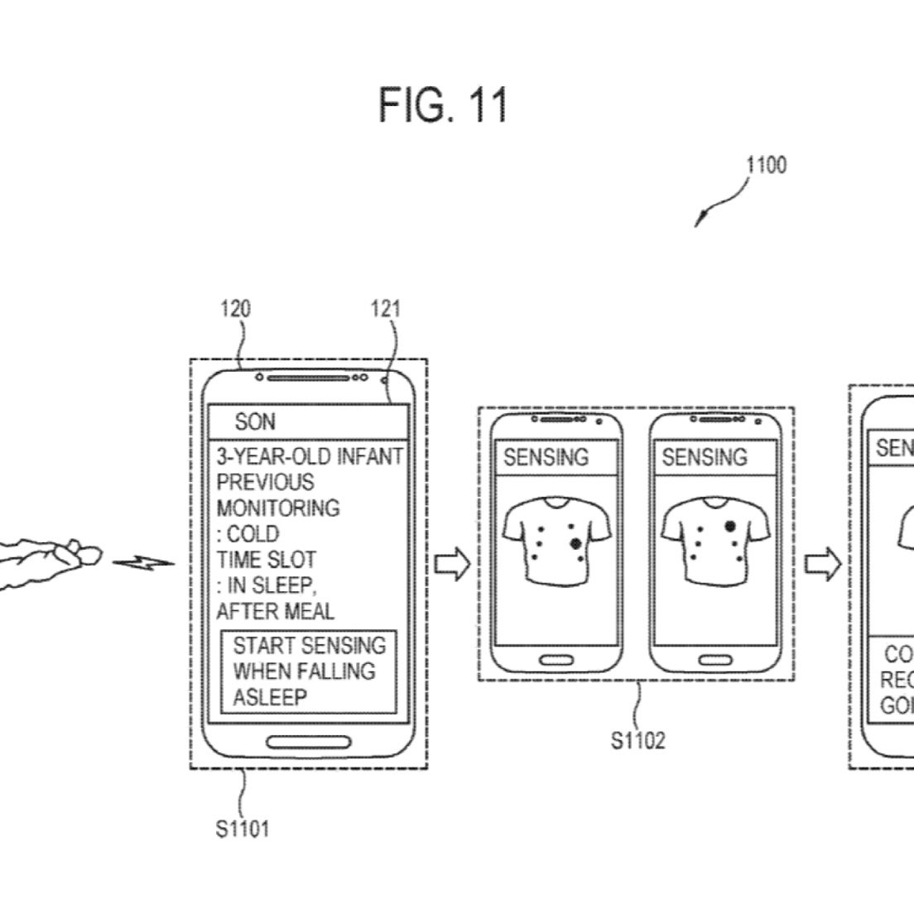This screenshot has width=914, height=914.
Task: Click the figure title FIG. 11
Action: pyautogui.click(x=443, y=105)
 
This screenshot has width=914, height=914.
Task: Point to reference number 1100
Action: pyautogui.click(x=766, y=165)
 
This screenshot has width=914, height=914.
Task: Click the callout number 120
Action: pyautogui.click(x=235, y=309)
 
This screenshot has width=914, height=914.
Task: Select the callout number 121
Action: pyautogui.click(x=386, y=309)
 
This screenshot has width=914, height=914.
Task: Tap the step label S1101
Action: pyautogui.click(x=243, y=828)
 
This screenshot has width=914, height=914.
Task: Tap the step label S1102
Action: pyautogui.click(x=638, y=739)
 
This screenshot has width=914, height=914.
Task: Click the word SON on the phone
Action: pyautogui.click(x=255, y=422)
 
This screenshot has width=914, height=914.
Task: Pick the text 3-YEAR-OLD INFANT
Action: pyautogui.click(x=310, y=456)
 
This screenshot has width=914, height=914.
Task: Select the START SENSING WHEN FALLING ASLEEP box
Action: pyautogui.click(x=309, y=671)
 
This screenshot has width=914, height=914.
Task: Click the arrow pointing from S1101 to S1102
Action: pyautogui.click(x=453, y=566)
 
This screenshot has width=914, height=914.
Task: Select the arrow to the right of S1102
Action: pyautogui.click(x=823, y=566)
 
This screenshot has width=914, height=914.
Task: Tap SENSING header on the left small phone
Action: pyautogui.click(x=546, y=457)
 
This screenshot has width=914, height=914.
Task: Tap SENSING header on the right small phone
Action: pyautogui.click(x=705, y=457)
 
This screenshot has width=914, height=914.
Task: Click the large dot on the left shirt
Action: pyautogui.click(x=575, y=543)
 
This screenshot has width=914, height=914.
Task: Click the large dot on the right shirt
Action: pyautogui.click(x=730, y=525)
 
